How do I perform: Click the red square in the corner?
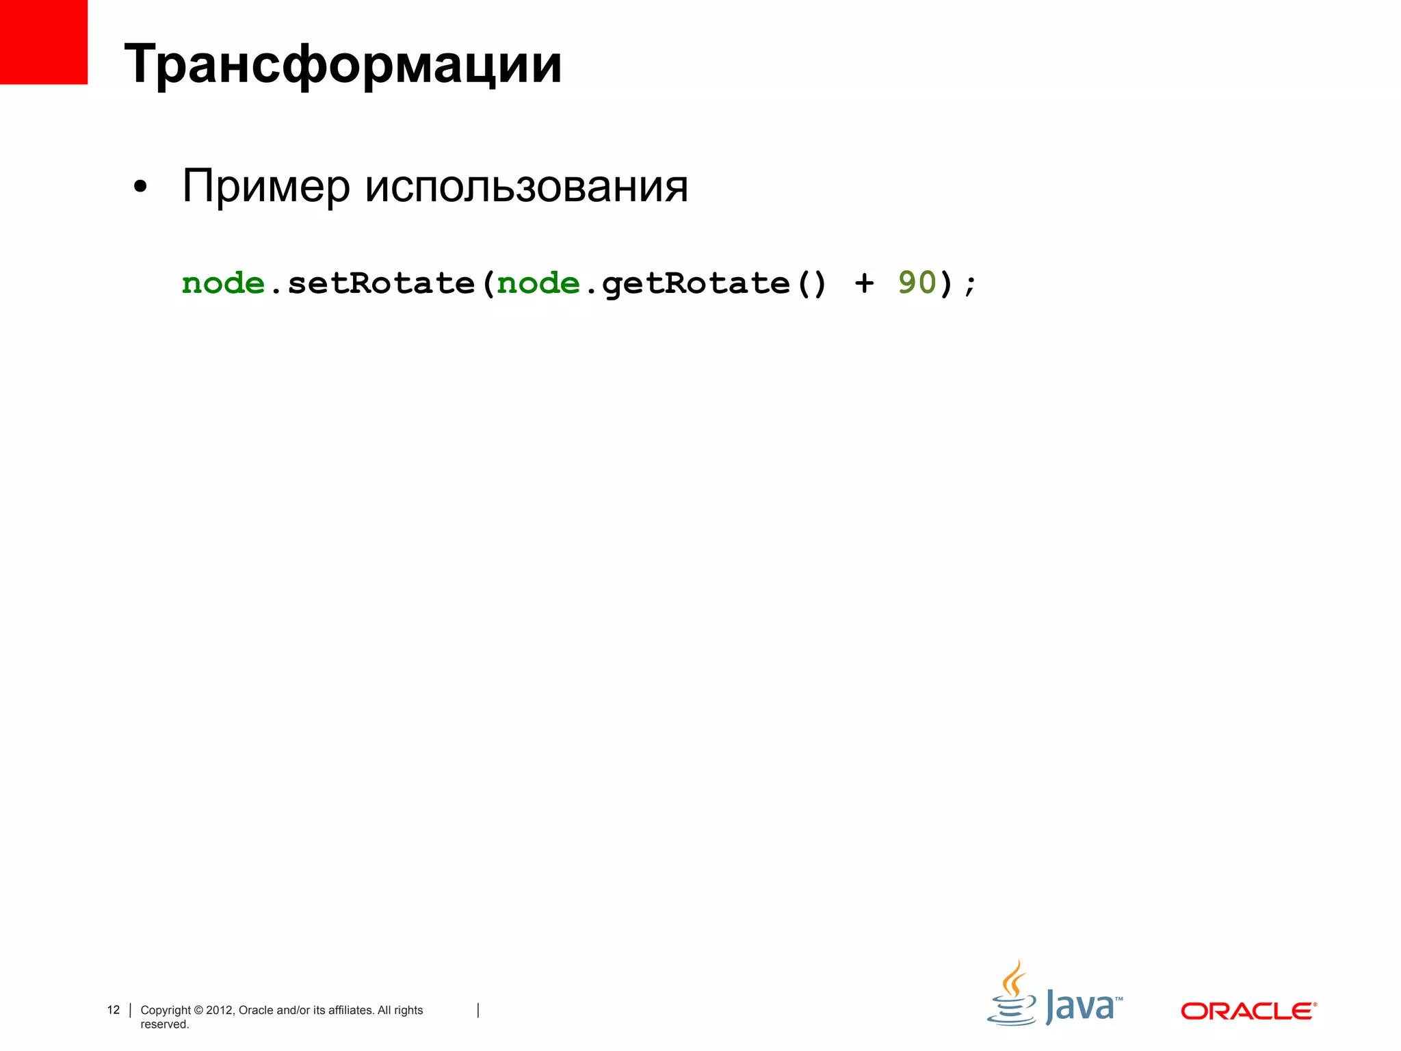point(43,42)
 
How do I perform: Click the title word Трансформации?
point(343,65)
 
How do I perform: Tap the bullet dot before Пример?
point(140,187)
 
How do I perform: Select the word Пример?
point(265,186)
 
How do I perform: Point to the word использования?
point(526,186)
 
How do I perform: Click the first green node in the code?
point(223,283)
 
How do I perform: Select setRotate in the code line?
point(381,283)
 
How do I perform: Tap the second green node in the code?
point(538,283)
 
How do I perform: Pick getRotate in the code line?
point(696,283)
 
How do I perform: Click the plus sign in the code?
point(864,283)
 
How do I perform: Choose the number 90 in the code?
point(917,283)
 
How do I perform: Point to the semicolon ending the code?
point(970,285)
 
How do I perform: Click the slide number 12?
point(114,1010)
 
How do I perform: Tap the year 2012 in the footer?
point(220,1010)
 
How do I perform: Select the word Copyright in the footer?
point(166,1010)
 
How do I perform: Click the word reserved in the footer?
point(164,1024)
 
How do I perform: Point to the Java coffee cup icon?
point(1012,996)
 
